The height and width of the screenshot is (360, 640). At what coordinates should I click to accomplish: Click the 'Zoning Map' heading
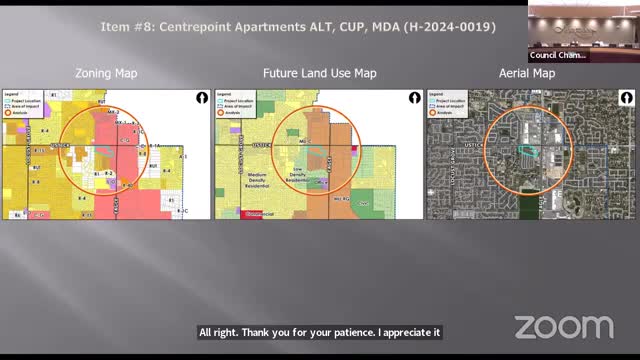coord(107,73)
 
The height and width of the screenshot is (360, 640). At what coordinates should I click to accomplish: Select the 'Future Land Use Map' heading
coord(319,73)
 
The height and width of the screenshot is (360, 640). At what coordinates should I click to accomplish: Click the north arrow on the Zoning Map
coord(201,99)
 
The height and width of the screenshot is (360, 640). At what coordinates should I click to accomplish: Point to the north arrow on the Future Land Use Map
coord(413,99)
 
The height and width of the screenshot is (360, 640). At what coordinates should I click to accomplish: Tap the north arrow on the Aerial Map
coord(625,99)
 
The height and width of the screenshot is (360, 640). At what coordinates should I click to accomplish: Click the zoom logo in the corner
coord(563,327)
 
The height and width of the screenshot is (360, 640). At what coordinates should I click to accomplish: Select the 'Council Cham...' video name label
coord(558,56)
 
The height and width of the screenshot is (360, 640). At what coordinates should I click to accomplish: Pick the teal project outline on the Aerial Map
coord(527,150)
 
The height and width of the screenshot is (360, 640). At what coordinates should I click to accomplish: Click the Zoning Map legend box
coord(21,102)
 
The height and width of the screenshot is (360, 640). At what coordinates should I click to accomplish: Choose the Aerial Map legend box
coord(445,102)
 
